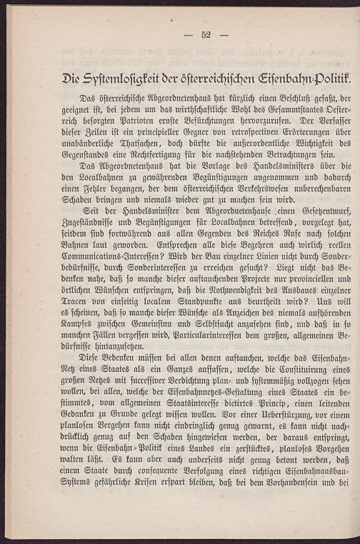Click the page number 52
(x=206, y=35)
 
